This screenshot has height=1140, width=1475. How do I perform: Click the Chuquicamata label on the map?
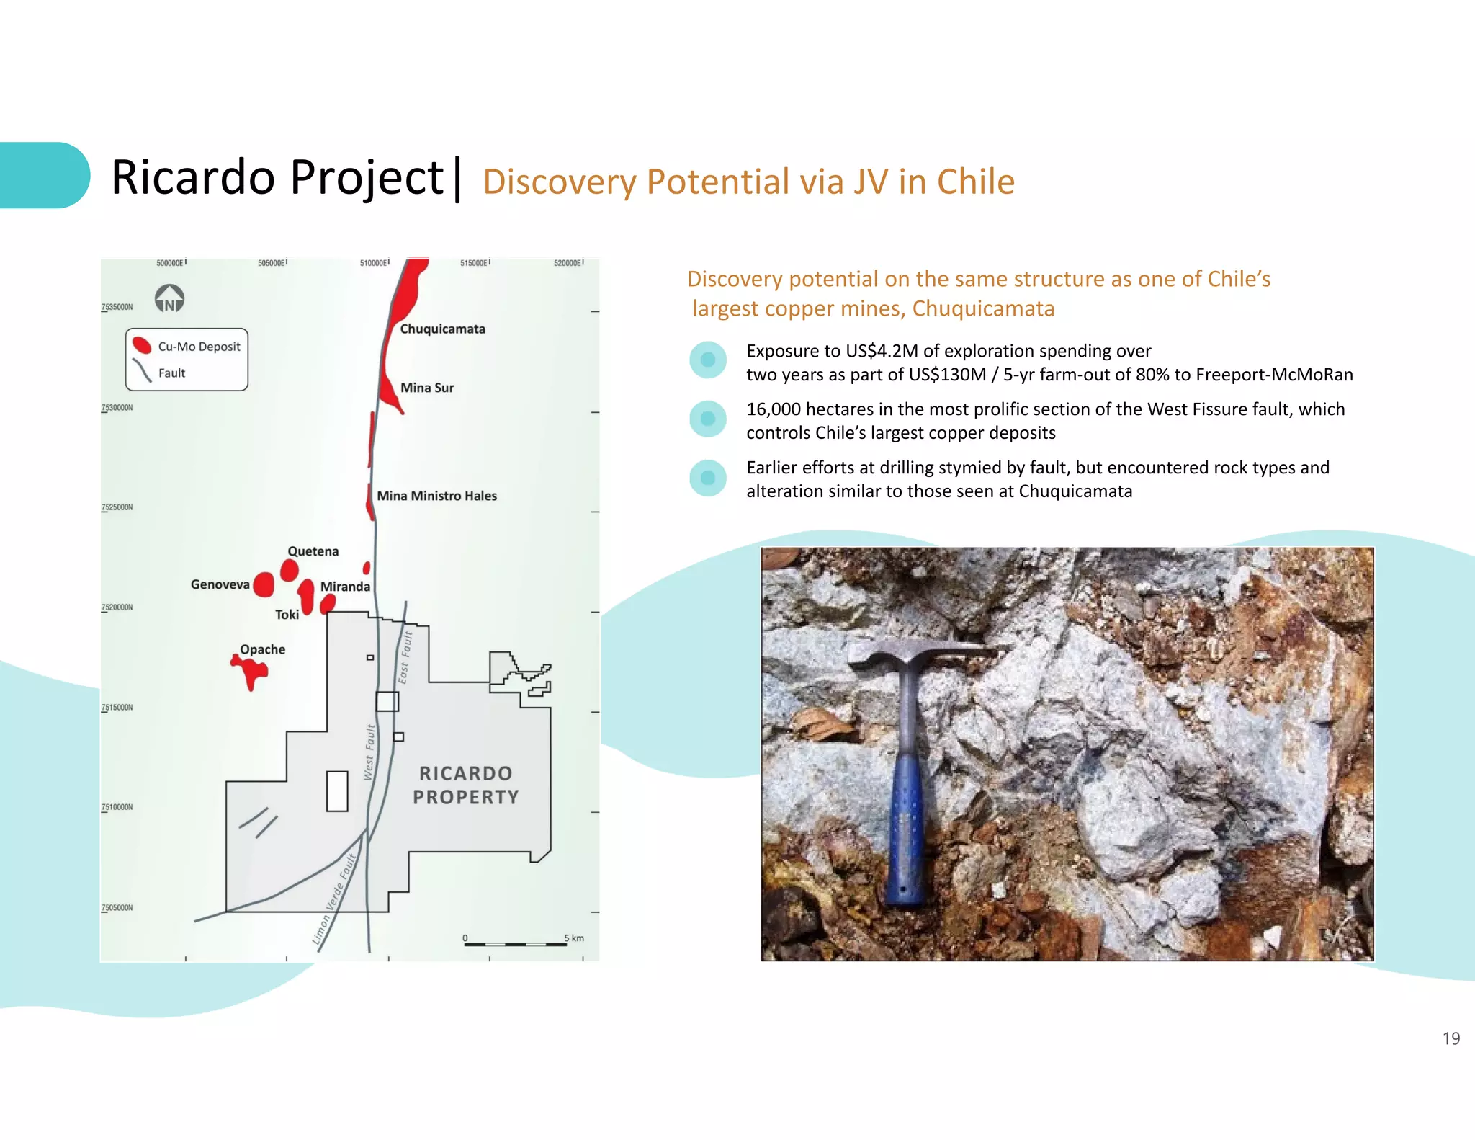pos(442,329)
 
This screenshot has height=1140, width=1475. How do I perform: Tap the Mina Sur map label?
pos(427,388)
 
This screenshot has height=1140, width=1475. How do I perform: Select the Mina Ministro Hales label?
pos(436,496)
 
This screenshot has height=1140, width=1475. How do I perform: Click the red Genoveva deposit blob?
pos(264,584)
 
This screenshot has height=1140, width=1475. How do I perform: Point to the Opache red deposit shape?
pos(251,672)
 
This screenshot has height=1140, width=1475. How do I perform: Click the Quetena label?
pos(313,551)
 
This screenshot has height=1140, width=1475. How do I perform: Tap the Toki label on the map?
pos(287,615)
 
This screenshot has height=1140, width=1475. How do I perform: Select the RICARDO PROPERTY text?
pos(465,785)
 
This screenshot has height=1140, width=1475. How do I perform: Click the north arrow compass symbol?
pos(169,298)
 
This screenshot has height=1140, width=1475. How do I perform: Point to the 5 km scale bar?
pos(516,943)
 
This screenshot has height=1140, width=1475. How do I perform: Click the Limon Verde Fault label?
pos(334,899)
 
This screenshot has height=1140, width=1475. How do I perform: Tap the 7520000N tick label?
pos(117,607)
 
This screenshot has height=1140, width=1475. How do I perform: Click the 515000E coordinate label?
pos(474,263)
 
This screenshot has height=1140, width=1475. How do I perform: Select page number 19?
pos(1451,1038)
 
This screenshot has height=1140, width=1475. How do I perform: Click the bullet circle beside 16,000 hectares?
pos(708,419)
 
